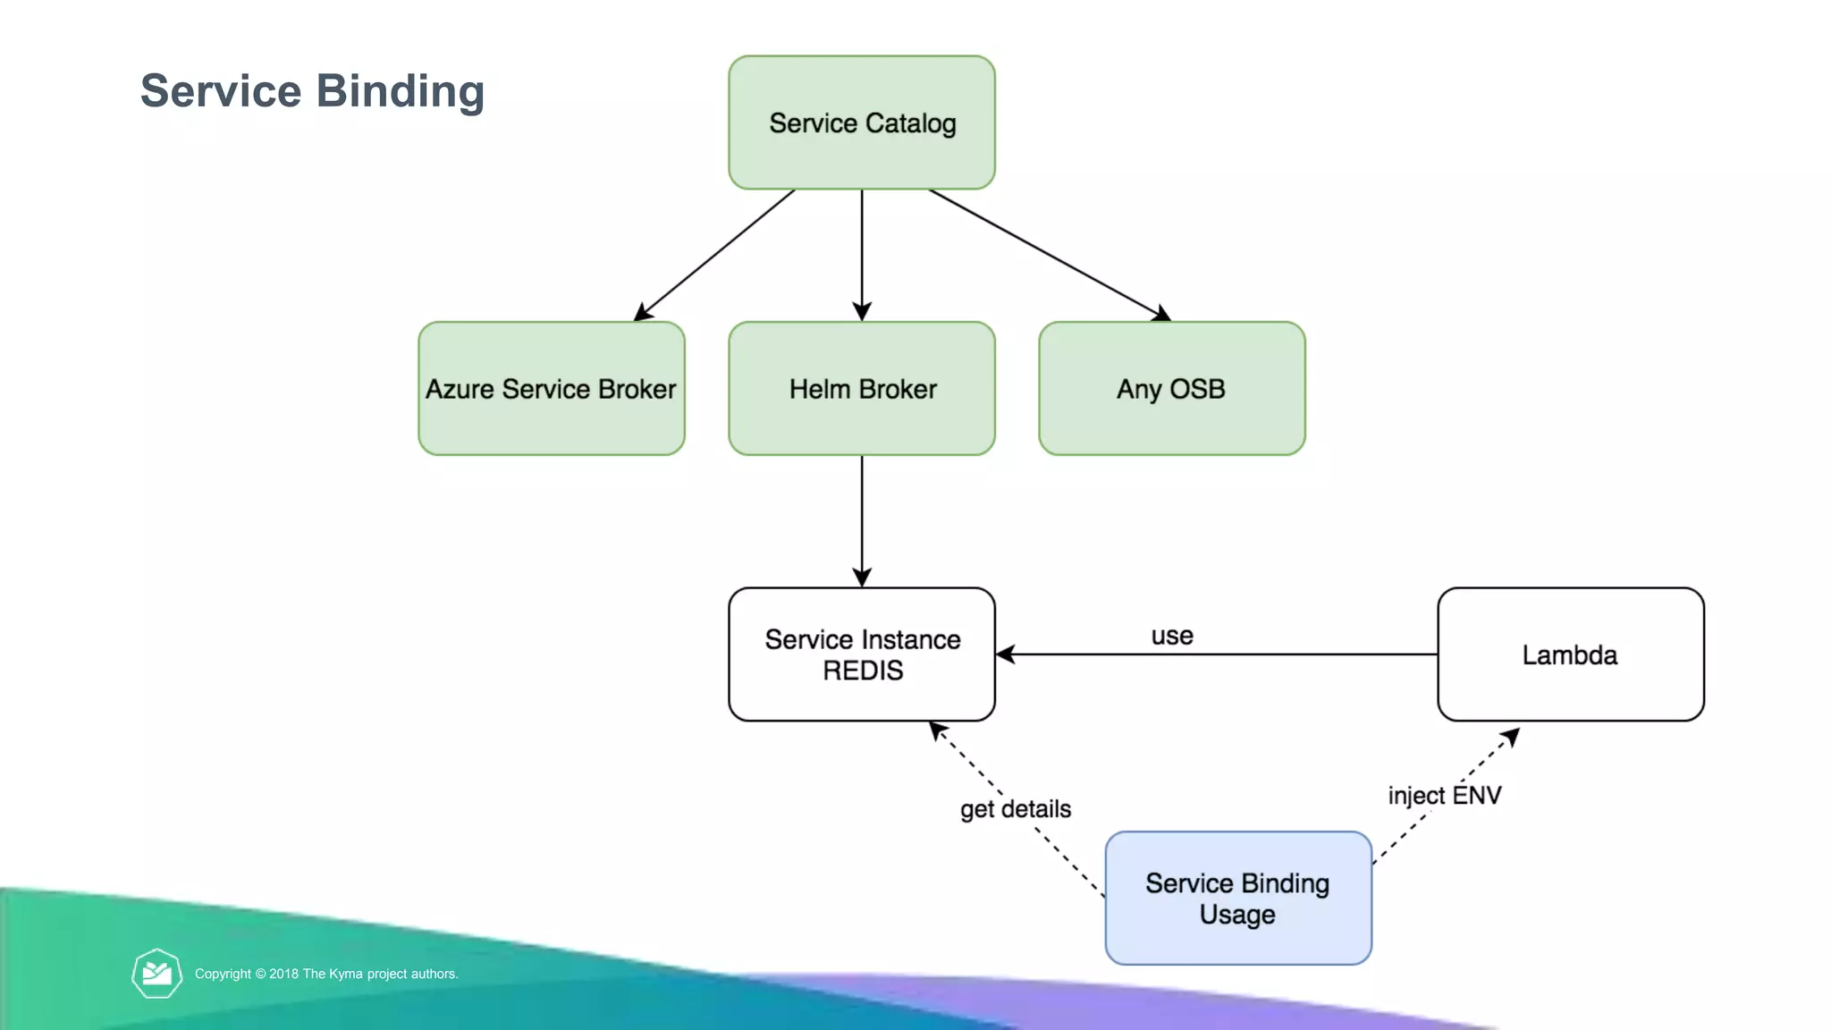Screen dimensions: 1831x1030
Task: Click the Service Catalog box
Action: coord(862,122)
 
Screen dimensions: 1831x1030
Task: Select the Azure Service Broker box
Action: coord(552,388)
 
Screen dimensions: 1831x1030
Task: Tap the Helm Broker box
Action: coord(862,388)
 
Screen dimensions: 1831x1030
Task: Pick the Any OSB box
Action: coord(1172,388)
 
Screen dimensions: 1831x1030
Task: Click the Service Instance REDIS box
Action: coord(862,654)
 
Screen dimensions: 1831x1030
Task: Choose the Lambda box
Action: coord(1571,654)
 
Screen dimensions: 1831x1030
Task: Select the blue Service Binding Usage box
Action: coord(1238,898)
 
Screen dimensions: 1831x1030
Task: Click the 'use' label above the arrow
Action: coord(1172,636)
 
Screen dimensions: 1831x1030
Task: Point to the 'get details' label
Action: coord(1016,809)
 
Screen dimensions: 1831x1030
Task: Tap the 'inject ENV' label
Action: coord(1445,795)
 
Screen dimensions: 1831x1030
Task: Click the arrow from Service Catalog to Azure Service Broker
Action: coord(714,255)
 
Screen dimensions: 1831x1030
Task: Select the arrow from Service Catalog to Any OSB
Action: coord(1050,255)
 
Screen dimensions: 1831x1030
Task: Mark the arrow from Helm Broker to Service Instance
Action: coord(862,521)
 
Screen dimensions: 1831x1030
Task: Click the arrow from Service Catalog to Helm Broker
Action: coord(862,256)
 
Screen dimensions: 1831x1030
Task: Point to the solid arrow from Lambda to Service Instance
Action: coord(1217,654)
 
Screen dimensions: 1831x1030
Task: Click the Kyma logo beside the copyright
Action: coord(157,973)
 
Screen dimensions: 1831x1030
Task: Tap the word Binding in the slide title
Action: coord(401,91)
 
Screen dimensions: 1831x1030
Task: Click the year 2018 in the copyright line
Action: coord(284,974)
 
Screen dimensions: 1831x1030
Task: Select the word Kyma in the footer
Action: coord(346,974)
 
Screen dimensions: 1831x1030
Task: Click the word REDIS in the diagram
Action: coord(863,671)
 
